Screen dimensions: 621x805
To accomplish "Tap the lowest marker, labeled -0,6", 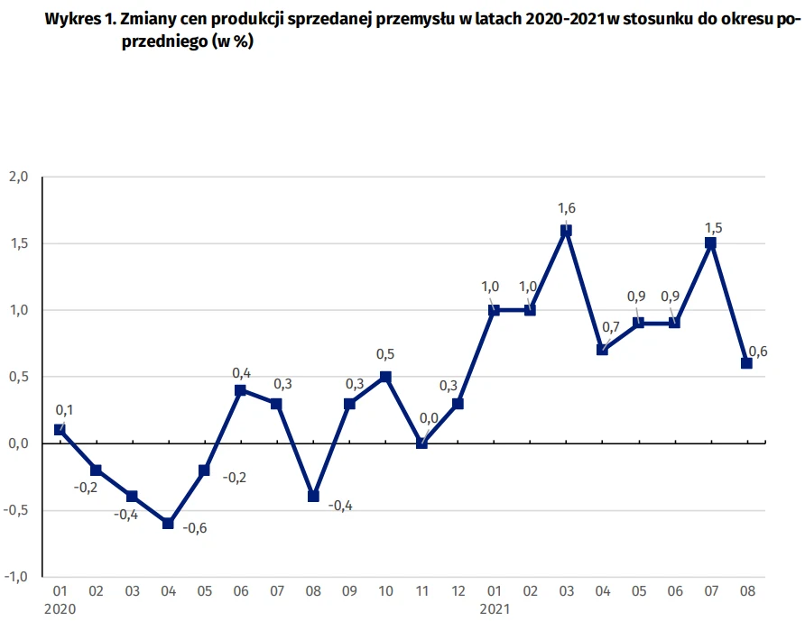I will [168, 523].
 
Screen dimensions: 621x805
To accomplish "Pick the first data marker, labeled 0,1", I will [60, 430].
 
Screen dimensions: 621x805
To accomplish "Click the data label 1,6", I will [567, 209].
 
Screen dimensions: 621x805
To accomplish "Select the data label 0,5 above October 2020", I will [385, 354].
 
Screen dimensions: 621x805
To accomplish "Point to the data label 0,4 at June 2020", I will [242, 372].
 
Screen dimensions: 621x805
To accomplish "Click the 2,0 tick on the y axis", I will [19, 177].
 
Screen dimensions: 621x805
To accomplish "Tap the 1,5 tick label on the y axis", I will [19, 243].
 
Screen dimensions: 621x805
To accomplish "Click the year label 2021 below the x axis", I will [495, 609].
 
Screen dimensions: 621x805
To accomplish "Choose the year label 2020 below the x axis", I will [60, 609].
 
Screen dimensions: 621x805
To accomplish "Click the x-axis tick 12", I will [458, 592].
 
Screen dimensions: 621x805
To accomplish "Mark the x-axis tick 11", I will [421, 592].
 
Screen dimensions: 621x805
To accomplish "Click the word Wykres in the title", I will [69, 23].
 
